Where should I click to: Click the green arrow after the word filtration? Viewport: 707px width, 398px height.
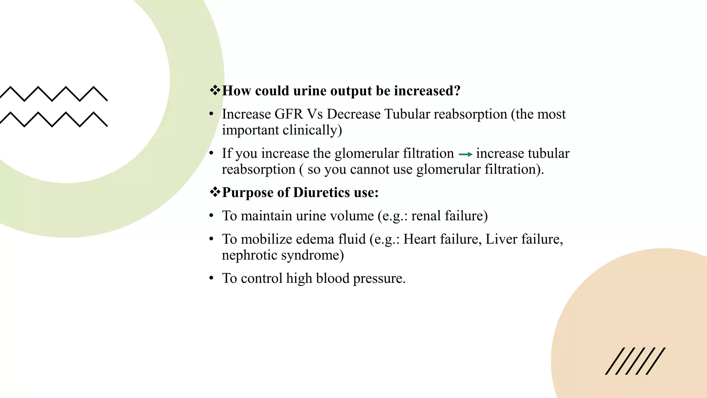click(x=465, y=154)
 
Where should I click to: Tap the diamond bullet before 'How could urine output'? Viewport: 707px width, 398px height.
click(x=215, y=91)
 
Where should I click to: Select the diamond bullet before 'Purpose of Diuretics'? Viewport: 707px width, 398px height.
click(x=215, y=192)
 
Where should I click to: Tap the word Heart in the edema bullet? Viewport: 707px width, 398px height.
click(x=419, y=239)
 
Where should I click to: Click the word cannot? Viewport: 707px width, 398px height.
click(x=369, y=170)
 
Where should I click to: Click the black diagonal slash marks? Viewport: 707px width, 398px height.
click(x=635, y=361)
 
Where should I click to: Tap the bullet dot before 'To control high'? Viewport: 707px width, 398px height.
click(x=211, y=278)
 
